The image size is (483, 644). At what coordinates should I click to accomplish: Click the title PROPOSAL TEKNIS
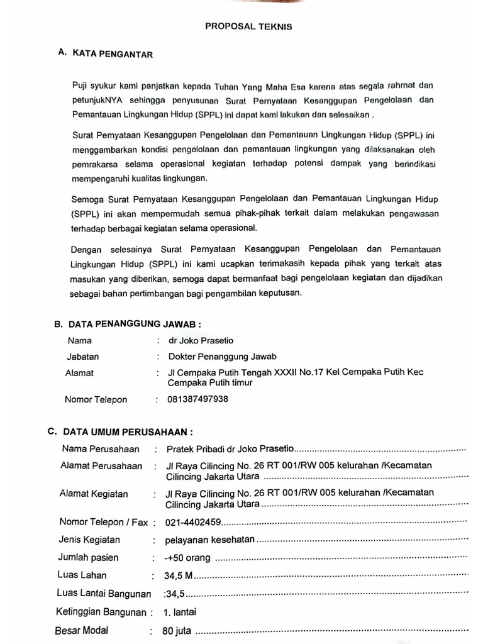click(248, 27)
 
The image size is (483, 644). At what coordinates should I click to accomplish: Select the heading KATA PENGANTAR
click(113, 55)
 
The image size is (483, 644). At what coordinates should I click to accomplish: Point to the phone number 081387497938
click(198, 399)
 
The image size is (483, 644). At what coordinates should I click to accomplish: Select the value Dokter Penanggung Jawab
click(222, 356)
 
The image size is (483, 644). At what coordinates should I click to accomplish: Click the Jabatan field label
click(83, 356)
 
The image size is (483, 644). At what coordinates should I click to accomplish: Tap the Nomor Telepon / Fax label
click(103, 522)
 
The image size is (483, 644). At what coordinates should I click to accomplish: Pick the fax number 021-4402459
click(193, 522)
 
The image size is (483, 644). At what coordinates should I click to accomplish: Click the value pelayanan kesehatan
click(209, 540)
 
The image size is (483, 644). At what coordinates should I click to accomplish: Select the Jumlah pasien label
click(88, 557)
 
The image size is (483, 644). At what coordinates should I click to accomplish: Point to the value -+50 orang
click(188, 558)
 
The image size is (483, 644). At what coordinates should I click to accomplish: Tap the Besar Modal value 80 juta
click(177, 631)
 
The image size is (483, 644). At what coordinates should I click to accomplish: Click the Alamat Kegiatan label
click(94, 494)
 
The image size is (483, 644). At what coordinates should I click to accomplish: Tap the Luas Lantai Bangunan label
click(104, 593)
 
